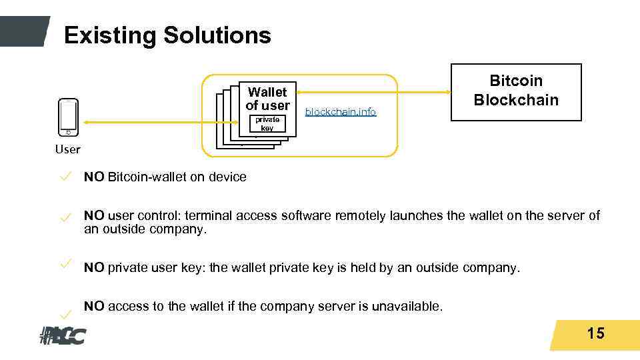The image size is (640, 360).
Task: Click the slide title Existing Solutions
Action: click(167, 35)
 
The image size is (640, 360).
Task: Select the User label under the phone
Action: click(67, 149)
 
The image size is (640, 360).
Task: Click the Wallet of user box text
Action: click(267, 99)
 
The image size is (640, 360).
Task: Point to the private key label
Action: click(267, 123)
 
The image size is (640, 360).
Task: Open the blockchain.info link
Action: click(341, 112)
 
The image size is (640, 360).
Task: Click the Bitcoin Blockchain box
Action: click(516, 91)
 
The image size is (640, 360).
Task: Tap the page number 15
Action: click(595, 333)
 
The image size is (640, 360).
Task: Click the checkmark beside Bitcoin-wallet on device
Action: click(65, 176)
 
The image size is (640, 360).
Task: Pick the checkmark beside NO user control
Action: click(65, 217)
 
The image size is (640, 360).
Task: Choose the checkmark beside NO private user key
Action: click(65, 264)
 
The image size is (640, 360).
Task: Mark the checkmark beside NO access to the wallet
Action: click(65, 313)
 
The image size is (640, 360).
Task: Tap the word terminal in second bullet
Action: click(208, 216)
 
